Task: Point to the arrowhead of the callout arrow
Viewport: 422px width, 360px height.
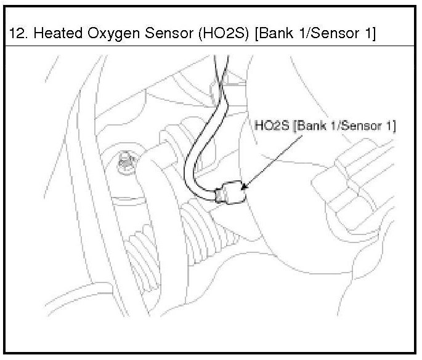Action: [245, 184]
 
